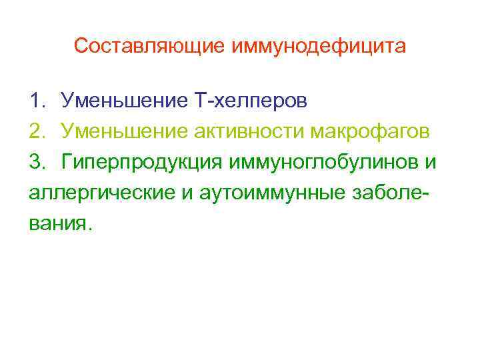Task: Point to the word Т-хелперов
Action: (x=251, y=101)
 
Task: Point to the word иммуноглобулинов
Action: (x=324, y=162)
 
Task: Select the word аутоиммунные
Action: (x=261, y=193)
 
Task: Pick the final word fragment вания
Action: (x=55, y=223)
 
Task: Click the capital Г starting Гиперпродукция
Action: (x=67, y=162)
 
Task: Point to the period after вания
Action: (x=84, y=228)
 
